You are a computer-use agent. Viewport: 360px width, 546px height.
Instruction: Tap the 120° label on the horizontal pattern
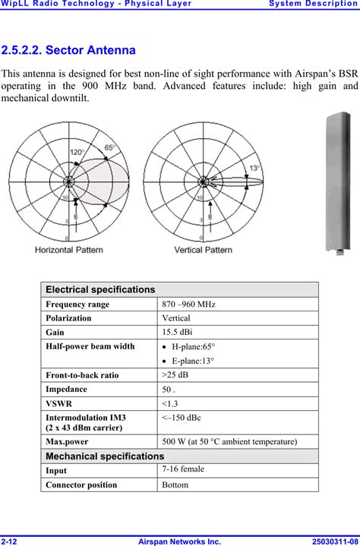pos(77,152)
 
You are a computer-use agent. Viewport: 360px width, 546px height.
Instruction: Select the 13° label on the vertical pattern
pos(254,168)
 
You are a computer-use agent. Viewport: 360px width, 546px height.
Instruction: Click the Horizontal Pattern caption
pos(69,249)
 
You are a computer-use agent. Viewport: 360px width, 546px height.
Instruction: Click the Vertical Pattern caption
pos(204,249)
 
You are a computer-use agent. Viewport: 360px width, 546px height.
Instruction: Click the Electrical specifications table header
pos(100,289)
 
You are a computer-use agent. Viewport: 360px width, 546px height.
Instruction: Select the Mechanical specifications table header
pos(105,456)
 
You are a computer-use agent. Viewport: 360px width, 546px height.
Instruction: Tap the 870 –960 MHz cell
pos(188,304)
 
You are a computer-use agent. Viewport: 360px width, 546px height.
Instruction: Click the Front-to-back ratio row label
pos(81,375)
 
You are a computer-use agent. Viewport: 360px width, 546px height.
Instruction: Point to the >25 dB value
pos(175,375)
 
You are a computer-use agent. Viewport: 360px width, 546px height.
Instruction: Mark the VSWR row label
pos(60,403)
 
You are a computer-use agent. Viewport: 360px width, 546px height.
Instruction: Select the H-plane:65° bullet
pos(193,347)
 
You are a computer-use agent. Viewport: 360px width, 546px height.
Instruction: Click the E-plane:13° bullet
pos(193,361)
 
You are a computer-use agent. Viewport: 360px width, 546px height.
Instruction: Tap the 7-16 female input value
pos(183,469)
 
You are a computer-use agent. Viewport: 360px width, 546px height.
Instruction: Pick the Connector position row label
pos(85,484)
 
